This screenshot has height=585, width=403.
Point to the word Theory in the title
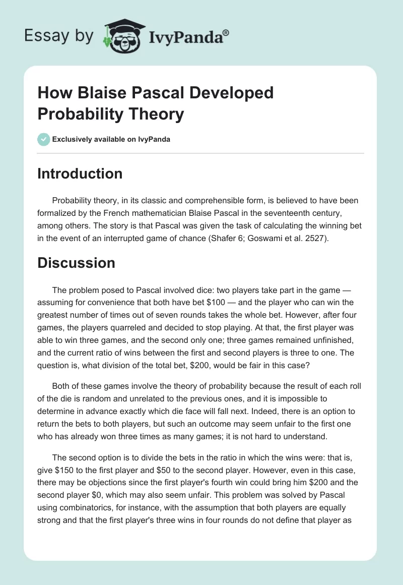[157, 114]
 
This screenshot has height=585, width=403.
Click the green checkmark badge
[44, 139]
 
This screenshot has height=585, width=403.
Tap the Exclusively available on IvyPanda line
[111, 140]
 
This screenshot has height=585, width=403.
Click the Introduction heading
[80, 173]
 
